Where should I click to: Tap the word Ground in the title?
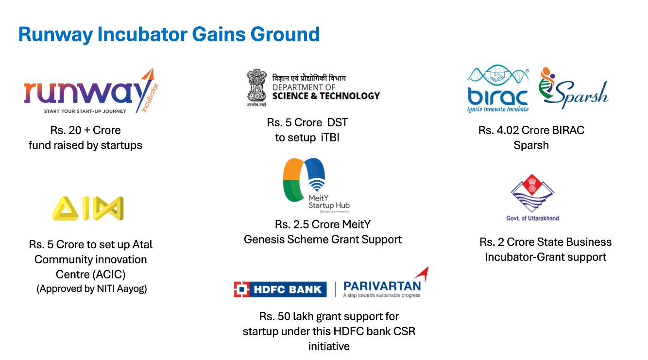pos(285,34)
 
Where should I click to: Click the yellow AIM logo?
pos(87,208)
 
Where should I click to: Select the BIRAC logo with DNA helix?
pos(498,88)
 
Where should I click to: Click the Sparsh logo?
pos(573,88)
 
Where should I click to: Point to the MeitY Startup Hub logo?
pos(316,185)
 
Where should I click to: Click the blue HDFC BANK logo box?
pos(280,290)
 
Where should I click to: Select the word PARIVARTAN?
pos(382,286)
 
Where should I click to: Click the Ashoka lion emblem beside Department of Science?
pos(256,87)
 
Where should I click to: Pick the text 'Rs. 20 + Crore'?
pos(85,130)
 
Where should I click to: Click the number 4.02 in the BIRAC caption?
pos(508,130)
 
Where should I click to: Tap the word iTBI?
pos(330,138)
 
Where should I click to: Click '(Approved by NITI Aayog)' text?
pos(92,289)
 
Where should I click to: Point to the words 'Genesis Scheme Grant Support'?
pos(323,240)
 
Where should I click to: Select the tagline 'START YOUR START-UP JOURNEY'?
pos(85,111)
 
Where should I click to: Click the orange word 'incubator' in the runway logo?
pos(150,98)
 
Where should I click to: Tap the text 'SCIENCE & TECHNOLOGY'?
pos(326,96)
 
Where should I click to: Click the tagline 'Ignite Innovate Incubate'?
pos(498,109)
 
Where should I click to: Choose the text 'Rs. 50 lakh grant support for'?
pos(329,317)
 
